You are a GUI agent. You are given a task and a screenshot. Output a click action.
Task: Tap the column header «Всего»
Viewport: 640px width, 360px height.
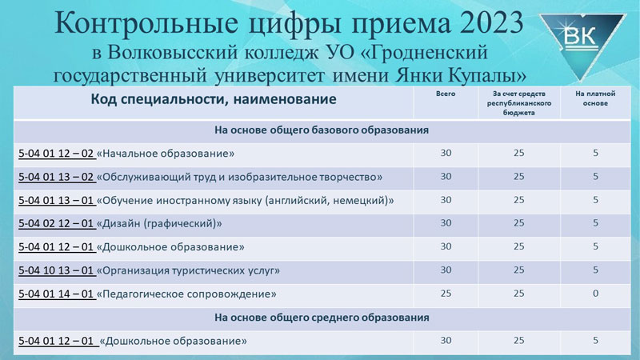tap(446, 94)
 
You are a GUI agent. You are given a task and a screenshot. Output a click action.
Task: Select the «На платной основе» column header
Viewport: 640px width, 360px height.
tap(595, 98)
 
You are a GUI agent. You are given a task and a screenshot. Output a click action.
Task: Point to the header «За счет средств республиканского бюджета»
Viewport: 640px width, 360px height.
tap(518, 103)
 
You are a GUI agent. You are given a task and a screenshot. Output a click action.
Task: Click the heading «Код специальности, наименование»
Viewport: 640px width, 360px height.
tap(214, 99)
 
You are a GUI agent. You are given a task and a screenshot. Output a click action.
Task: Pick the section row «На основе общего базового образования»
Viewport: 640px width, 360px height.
tap(322, 130)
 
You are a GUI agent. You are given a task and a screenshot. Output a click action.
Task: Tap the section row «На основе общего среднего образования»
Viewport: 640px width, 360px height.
tap(322, 318)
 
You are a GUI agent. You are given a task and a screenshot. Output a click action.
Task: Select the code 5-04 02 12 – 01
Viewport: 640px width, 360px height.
tap(56, 224)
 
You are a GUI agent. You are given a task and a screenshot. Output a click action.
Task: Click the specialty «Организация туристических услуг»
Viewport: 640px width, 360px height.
tap(188, 270)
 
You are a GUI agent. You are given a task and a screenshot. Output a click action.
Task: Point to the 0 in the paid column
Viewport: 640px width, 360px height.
tap(595, 294)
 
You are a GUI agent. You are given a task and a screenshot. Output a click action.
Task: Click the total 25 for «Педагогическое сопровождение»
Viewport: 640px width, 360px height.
tap(446, 294)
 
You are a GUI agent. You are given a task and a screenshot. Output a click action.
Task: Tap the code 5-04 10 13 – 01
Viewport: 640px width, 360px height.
tap(56, 270)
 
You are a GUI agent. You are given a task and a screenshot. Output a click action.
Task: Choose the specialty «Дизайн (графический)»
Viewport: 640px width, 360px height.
tap(159, 224)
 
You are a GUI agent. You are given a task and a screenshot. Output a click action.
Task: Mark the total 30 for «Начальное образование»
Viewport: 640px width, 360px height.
tap(446, 153)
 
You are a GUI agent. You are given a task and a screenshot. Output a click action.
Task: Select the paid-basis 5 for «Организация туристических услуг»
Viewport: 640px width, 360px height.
tap(595, 270)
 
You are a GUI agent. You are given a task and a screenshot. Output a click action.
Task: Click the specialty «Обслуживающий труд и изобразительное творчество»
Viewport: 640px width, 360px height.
tap(239, 177)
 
